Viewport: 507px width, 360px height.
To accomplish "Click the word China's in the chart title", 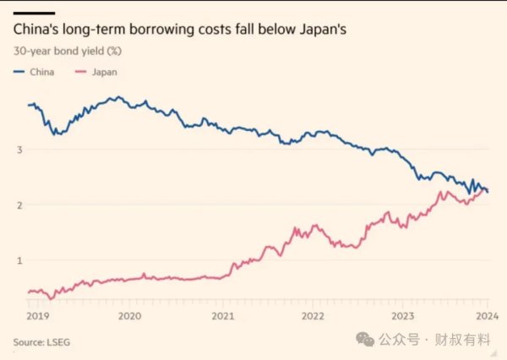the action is click(35, 29).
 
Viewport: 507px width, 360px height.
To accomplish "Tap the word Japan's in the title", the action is click(323, 30).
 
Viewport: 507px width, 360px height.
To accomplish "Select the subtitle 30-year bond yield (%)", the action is click(68, 51).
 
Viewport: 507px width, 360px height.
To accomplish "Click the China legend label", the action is click(42, 72).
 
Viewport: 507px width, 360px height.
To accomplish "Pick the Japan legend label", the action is click(105, 72).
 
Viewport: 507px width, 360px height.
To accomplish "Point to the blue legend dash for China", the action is click(19, 72).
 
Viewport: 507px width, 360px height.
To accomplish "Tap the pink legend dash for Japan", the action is click(81, 72).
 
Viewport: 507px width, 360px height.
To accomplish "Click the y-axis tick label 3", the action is click(20, 150).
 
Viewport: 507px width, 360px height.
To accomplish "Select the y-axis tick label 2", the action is click(20, 205).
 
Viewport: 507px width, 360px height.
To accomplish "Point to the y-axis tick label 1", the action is click(20, 260).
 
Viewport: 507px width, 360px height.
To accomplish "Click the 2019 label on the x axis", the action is click(38, 316).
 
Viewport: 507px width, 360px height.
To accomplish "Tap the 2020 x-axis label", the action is click(129, 316).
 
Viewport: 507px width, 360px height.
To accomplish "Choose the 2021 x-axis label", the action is click(223, 316).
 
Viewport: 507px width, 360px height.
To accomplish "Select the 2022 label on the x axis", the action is click(313, 316).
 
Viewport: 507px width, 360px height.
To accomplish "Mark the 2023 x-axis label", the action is click(403, 316).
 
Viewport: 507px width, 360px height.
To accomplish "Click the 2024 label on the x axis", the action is click(488, 316).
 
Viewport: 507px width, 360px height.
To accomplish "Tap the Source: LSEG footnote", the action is click(41, 342).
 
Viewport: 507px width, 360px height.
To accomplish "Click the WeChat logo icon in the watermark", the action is click(365, 340).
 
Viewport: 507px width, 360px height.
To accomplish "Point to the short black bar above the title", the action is click(35, 14).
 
